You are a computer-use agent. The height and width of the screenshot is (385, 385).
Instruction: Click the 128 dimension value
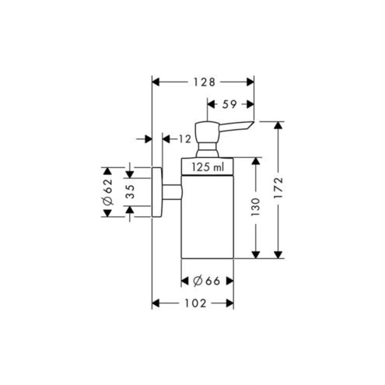point(205,82)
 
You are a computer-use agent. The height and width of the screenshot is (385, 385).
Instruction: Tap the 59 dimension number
point(229,104)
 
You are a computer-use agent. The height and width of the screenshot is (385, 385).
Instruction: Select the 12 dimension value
point(185,139)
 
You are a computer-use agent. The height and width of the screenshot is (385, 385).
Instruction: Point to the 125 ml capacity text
point(208,167)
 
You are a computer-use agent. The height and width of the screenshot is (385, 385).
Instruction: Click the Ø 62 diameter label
point(108,191)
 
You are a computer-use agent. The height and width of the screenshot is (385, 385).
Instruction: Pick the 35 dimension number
point(131,191)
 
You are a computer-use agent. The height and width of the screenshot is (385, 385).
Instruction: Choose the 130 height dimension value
point(255,207)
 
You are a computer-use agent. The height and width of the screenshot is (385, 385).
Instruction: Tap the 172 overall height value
point(278,187)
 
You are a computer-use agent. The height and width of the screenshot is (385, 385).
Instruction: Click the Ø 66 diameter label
point(207,281)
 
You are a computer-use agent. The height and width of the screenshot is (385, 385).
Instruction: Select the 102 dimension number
point(195,303)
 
